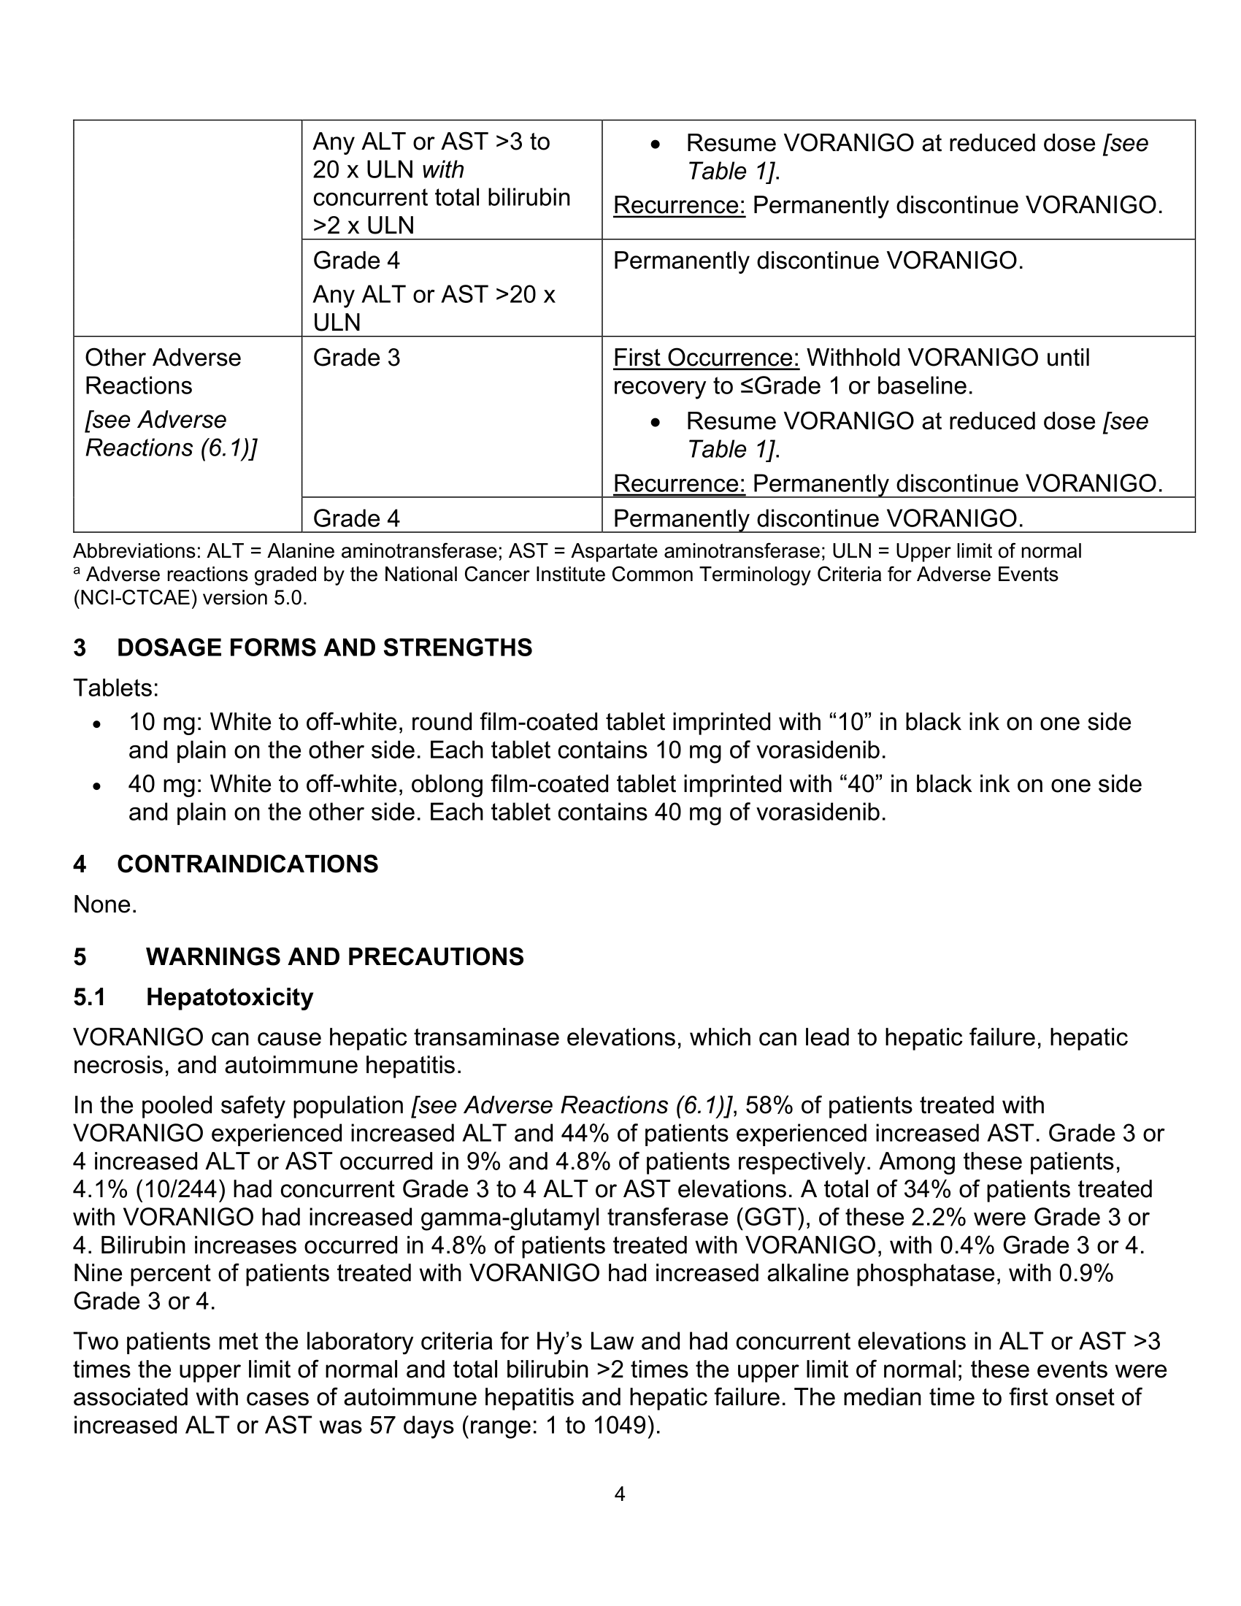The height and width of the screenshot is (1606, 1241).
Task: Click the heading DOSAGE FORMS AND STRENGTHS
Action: [x=324, y=647]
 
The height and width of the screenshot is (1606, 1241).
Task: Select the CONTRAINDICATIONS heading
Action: [x=247, y=864]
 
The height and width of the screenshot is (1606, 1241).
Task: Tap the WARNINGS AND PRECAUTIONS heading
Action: [x=334, y=956]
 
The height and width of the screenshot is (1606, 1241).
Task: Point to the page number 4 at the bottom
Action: [x=619, y=1494]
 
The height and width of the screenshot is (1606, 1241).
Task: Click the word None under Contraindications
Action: [x=104, y=904]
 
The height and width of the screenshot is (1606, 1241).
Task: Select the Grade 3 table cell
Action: [x=356, y=358]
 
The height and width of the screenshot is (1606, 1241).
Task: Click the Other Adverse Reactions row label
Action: [x=163, y=372]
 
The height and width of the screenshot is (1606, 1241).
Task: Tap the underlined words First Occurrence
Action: [x=706, y=358]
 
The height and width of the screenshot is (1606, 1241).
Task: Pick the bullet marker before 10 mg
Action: [x=96, y=723]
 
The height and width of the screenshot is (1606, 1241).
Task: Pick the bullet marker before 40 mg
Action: [x=96, y=785]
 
